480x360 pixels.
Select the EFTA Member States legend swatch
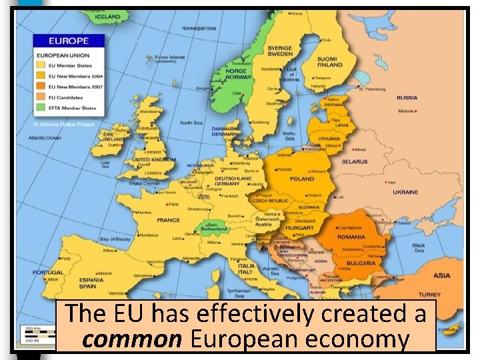[41, 108]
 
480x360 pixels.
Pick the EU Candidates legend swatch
[41, 97]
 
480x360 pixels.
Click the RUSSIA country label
[407, 98]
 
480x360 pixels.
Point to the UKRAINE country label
[405, 192]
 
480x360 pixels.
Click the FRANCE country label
[168, 220]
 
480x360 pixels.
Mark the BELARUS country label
[354, 162]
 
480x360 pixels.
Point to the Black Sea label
[419, 248]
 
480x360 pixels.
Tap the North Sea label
[191, 123]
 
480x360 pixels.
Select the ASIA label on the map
[441, 275]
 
